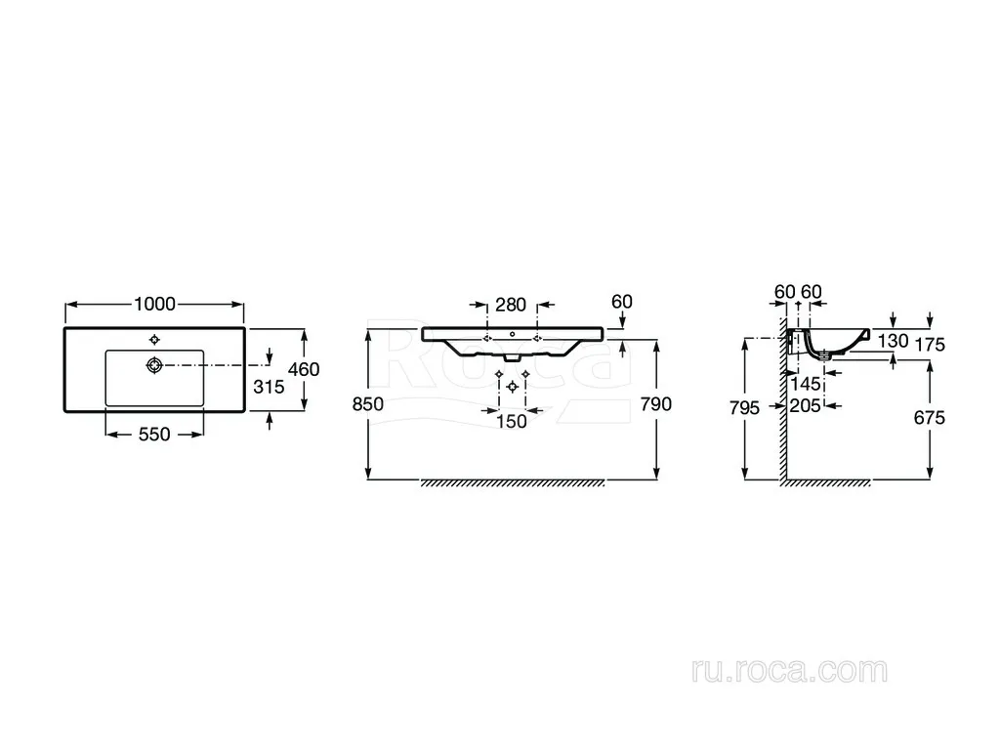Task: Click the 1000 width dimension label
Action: click(x=155, y=305)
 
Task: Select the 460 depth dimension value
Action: click(x=304, y=369)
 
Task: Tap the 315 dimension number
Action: click(x=269, y=387)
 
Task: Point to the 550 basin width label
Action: click(x=154, y=435)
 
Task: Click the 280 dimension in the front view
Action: click(x=511, y=305)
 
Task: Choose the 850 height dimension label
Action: click(x=368, y=404)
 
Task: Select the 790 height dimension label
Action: click(x=656, y=404)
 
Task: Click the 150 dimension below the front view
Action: click(x=512, y=422)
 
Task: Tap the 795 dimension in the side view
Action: click(x=744, y=407)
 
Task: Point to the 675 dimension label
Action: click(x=930, y=418)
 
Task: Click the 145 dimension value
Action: click(x=806, y=384)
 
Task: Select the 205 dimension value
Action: click(x=805, y=405)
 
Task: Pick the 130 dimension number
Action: click(x=893, y=341)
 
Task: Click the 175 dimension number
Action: click(x=930, y=345)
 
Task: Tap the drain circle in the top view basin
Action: click(x=154, y=365)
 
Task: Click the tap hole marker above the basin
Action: click(x=154, y=339)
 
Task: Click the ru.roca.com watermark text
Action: click(x=789, y=671)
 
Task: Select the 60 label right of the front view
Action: click(x=622, y=302)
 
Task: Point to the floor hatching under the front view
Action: click(x=512, y=483)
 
